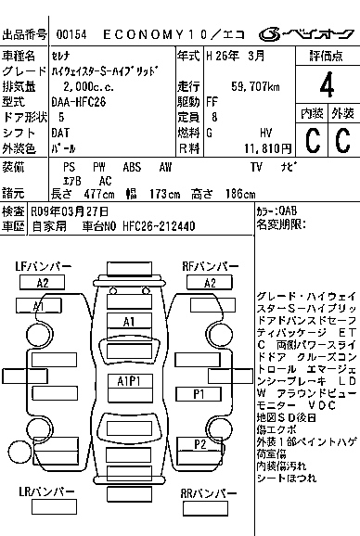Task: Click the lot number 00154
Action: pyautogui.click(x=72, y=34)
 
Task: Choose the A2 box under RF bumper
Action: pyautogui.click(x=210, y=283)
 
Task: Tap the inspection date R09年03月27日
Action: pyautogui.click(x=69, y=211)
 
